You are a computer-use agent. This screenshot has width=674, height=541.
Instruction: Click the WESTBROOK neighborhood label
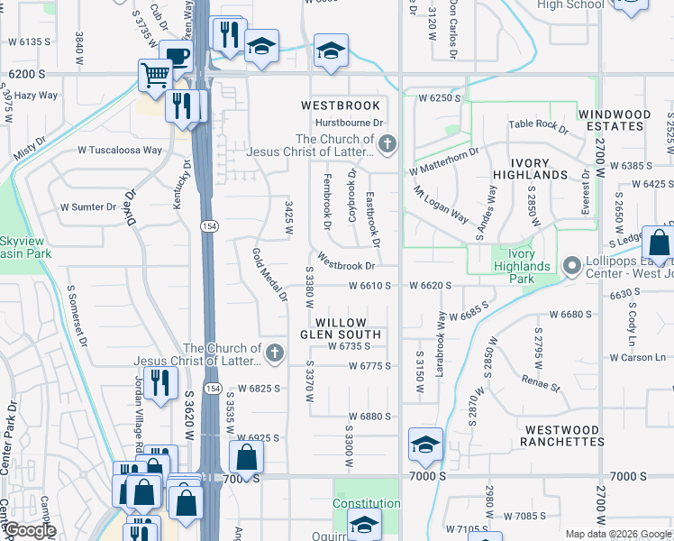coord(341,105)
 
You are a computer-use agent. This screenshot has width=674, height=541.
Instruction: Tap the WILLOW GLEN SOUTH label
coord(341,328)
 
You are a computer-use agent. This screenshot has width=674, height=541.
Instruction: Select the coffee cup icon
coord(178,56)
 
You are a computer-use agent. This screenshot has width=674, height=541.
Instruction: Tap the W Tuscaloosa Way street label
coord(120,151)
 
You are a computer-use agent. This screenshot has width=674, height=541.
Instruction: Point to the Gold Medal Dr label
coord(269,274)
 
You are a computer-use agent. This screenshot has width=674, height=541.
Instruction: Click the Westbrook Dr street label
coord(345,266)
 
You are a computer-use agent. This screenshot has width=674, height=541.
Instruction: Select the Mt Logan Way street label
coord(441,206)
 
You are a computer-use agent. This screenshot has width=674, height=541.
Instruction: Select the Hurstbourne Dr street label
coord(350,123)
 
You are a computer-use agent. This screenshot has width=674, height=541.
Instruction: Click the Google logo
coord(29,530)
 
